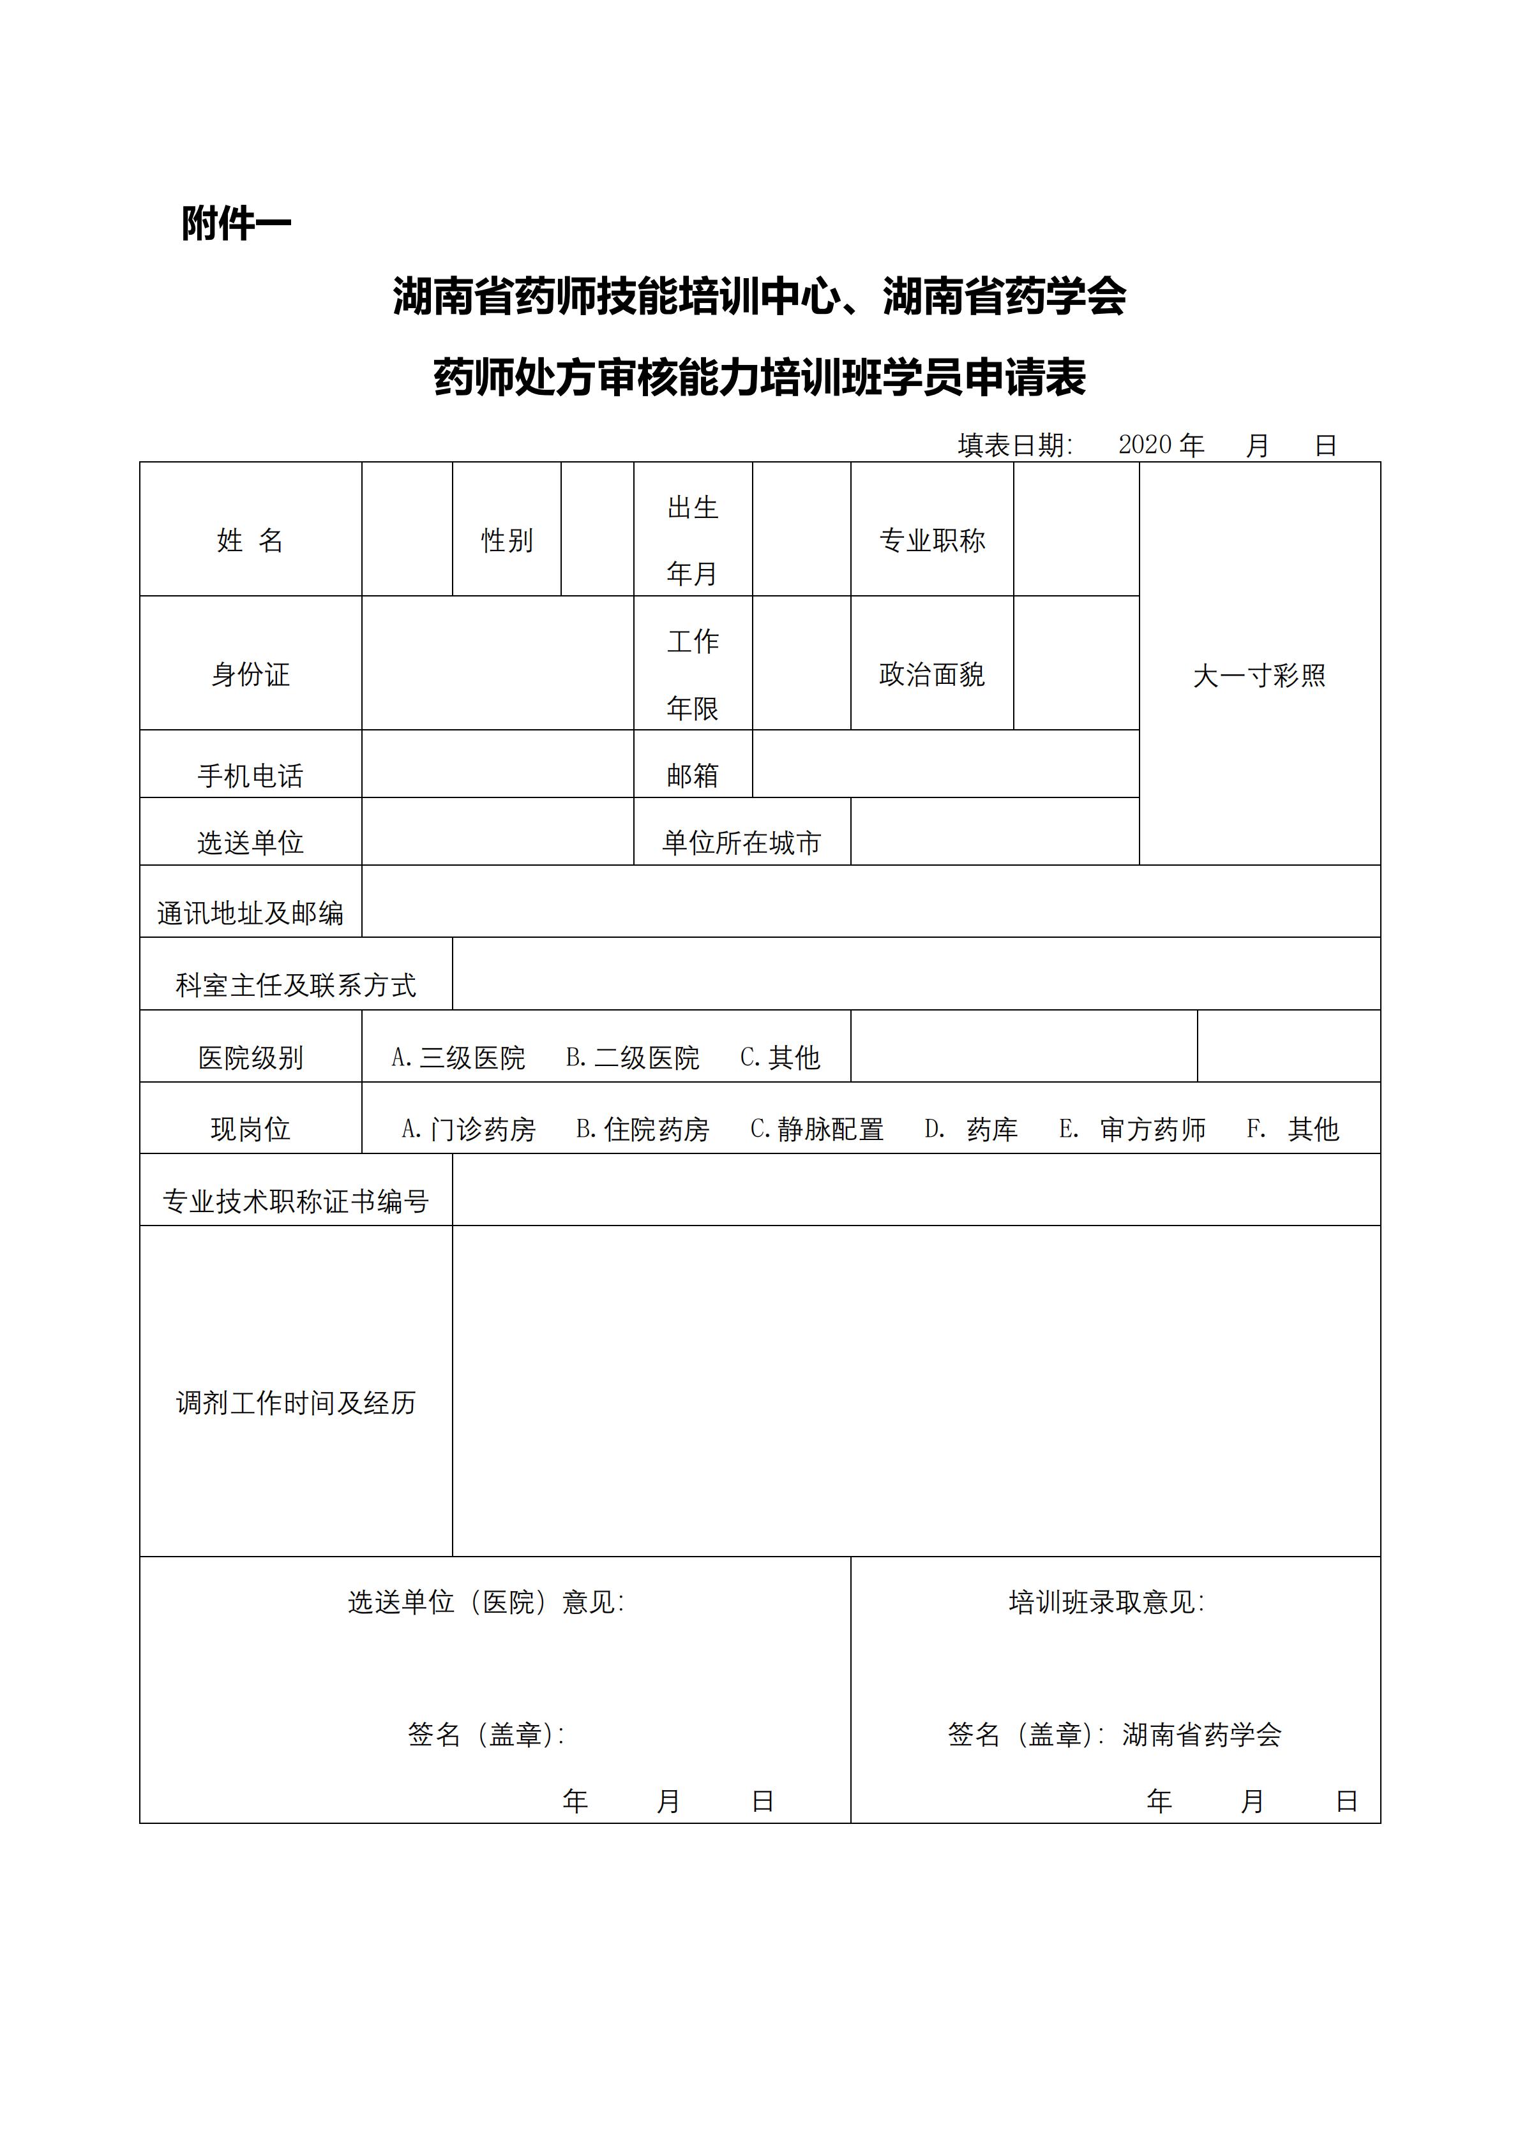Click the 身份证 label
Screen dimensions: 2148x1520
[250, 674]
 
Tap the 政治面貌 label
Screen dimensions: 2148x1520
[931, 674]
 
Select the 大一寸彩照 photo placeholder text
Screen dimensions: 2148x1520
[1259, 676]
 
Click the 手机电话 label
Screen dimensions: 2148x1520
[250, 776]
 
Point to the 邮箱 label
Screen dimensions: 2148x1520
[693, 776]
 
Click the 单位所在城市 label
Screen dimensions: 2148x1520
[741, 843]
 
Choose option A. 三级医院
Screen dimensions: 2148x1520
[458, 1058]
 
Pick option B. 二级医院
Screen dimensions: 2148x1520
[633, 1058]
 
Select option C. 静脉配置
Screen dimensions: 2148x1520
[817, 1130]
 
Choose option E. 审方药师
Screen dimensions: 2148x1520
[1132, 1130]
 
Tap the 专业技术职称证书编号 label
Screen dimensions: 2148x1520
[296, 1201]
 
